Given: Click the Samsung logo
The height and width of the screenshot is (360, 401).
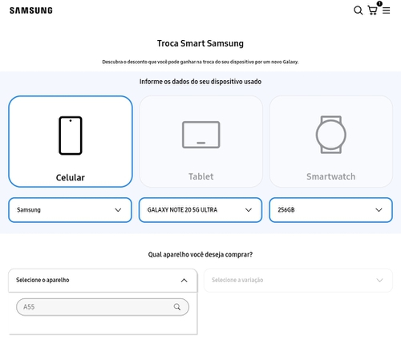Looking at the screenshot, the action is coord(31,10).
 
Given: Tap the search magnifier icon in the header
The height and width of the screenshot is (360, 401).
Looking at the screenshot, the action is coord(358,10).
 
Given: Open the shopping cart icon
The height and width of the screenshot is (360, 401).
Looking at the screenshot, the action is coord(373,10).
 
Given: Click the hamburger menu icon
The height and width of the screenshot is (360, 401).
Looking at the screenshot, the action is coord(386,10).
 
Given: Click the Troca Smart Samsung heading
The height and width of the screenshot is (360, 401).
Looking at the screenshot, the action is coord(200,43).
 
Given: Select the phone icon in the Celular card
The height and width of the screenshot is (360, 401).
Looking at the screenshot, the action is coord(71,136).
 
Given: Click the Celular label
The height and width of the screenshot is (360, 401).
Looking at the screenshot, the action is coord(71,177).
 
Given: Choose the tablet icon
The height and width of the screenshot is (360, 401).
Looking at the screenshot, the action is coord(201,135).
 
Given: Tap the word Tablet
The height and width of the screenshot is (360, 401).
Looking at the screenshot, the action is coord(201,176).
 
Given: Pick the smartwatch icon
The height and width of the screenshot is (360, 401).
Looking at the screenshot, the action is coord(331,135).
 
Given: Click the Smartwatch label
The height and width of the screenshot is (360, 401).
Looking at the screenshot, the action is coord(331,176).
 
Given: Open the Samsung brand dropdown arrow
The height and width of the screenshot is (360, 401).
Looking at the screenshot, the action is coord(118,210).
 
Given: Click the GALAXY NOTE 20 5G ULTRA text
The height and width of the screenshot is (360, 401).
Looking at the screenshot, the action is coord(182,210).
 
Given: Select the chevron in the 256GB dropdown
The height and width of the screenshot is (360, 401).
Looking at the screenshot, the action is coord(379,210).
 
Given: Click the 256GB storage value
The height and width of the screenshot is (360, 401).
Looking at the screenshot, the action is coord(286,210).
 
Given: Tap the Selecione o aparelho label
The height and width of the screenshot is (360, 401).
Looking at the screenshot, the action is coord(43,280).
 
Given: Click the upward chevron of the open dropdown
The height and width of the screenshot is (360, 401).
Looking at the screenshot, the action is coord(184,281).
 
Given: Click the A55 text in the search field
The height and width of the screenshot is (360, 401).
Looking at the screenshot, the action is coord(29,307).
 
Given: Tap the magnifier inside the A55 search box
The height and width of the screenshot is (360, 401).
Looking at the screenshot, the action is coord(177,307).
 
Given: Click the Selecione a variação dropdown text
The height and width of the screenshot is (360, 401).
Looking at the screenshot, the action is coord(237,280).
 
